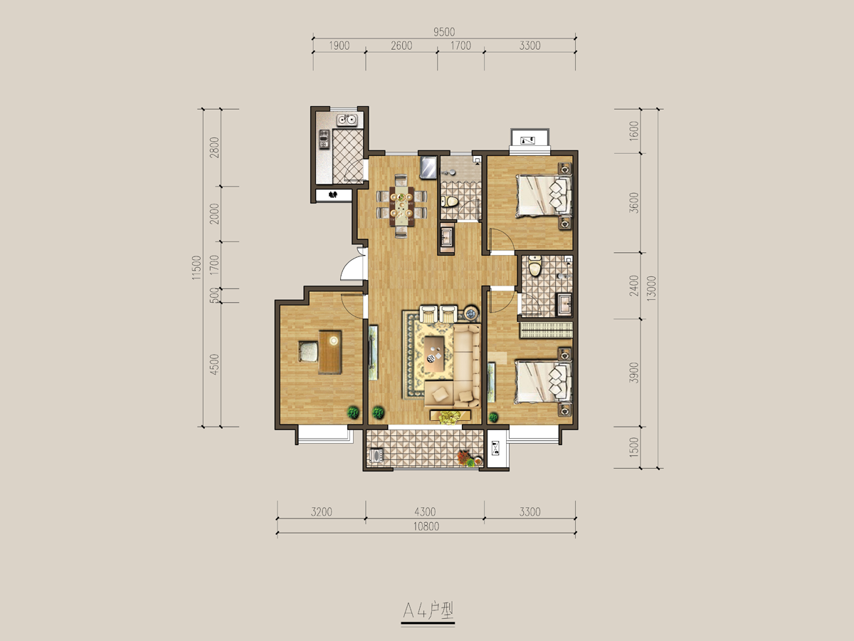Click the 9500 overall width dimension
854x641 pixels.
coord(444,32)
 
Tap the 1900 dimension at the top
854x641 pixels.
coord(339,46)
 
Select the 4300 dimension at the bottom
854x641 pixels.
coord(425,511)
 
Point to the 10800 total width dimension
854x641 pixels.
coord(426,526)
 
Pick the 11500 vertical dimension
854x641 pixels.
coord(196,267)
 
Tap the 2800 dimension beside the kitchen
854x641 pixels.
coord(214,147)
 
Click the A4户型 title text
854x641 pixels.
coord(428,610)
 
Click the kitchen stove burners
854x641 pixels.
coord(324,140)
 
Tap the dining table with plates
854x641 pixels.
coord(401,207)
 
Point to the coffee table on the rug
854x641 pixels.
coord(434,354)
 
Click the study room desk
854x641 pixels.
coord(330,353)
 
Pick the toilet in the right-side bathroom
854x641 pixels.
coord(535,266)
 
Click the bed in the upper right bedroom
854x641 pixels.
coord(544,196)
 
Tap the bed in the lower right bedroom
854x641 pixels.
coord(544,382)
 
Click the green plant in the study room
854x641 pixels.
coord(353,412)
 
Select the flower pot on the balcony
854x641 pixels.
coord(466,459)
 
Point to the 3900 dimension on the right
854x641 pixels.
coord(634,372)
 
